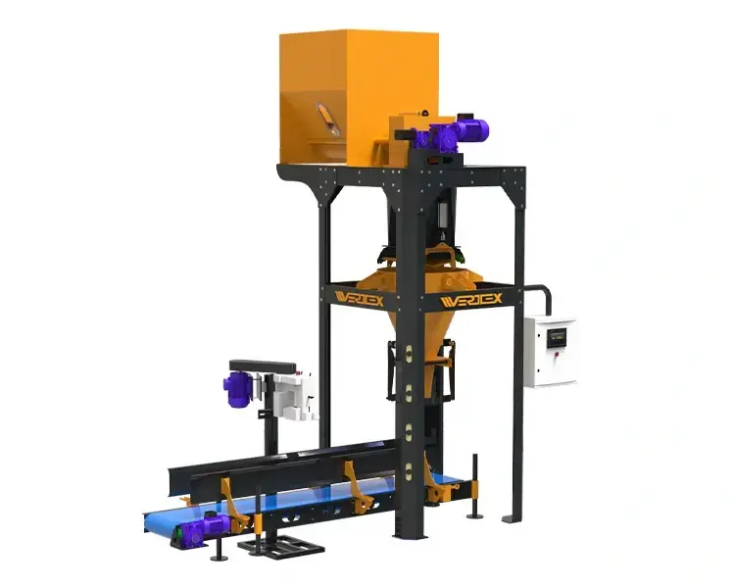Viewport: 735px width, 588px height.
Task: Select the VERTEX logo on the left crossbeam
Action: point(360,298)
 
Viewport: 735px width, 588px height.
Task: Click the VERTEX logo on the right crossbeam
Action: point(472,299)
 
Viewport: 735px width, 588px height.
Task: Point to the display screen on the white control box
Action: point(558,336)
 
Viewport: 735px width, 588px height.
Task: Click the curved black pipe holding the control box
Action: point(540,294)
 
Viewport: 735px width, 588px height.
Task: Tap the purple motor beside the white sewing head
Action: point(238,391)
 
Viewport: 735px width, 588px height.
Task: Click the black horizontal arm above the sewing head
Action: point(264,366)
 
